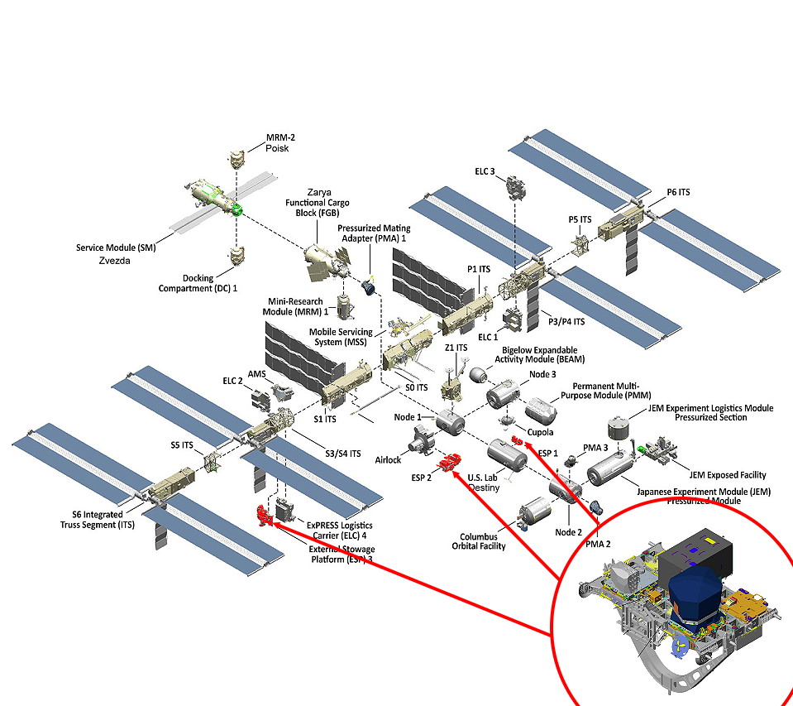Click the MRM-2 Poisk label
click(x=276, y=143)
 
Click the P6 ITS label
click(x=678, y=193)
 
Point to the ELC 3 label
click(x=485, y=171)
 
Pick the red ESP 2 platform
click(x=451, y=463)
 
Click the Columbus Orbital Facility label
click(x=479, y=541)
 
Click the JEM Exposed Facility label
click(x=727, y=475)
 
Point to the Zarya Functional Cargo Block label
click(x=317, y=202)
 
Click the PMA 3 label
click(x=596, y=448)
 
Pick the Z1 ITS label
click(x=456, y=348)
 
